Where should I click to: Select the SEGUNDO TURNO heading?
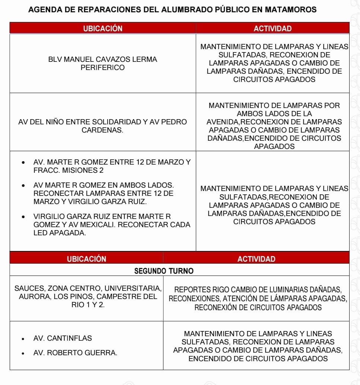pyautogui.click(x=164, y=271)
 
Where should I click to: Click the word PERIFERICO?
pyautogui.click(x=103, y=67)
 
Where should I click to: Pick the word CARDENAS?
pyautogui.click(x=102, y=130)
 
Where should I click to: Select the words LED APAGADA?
pyautogui.click(x=60, y=233)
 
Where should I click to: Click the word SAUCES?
pyautogui.click(x=29, y=289)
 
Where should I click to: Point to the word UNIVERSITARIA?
pyautogui.click(x=133, y=289)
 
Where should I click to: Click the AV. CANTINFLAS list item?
pyautogui.click(x=63, y=338)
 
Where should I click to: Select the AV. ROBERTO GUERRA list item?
pyautogui.click(x=75, y=353)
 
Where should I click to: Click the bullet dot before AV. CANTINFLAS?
pyautogui.click(x=23, y=339)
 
